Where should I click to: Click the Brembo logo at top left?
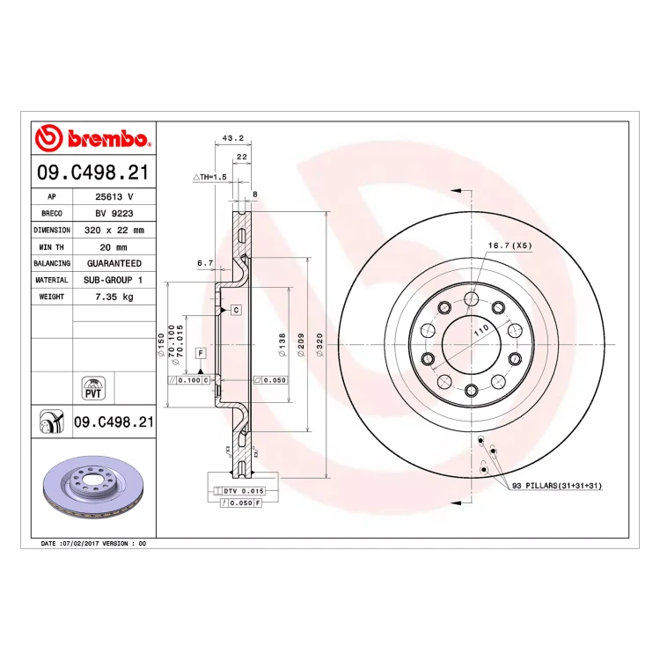(x=92, y=137)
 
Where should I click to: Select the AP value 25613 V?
(x=114, y=196)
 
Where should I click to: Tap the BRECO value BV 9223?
(x=114, y=214)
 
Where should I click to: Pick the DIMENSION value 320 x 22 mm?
(x=114, y=231)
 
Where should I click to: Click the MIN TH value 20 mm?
(x=114, y=247)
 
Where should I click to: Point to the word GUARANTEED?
(x=114, y=263)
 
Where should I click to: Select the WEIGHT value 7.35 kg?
(x=114, y=297)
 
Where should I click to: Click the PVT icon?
(x=93, y=388)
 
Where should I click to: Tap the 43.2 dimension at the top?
(x=233, y=138)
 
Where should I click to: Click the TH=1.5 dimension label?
(x=210, y=177)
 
